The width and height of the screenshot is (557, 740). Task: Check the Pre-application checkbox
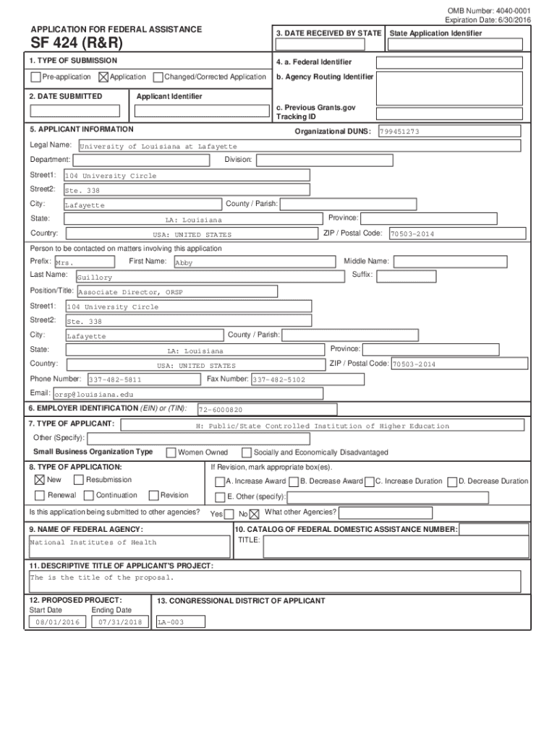tap(35, 77)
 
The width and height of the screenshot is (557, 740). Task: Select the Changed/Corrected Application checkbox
tap(158, 77)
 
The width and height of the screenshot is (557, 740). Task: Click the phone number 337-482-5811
tap(115, 379)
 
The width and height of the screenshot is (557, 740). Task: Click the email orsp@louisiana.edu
tap(94, 395)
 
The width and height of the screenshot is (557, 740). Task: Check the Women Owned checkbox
tap(171, 453)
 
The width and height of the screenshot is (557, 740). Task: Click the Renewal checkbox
tap(39, 496)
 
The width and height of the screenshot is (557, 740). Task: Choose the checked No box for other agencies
tap(254, 515)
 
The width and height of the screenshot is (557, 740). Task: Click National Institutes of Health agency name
tap(93, 543)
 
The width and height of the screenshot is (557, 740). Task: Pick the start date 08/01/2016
tap(57, 622)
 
